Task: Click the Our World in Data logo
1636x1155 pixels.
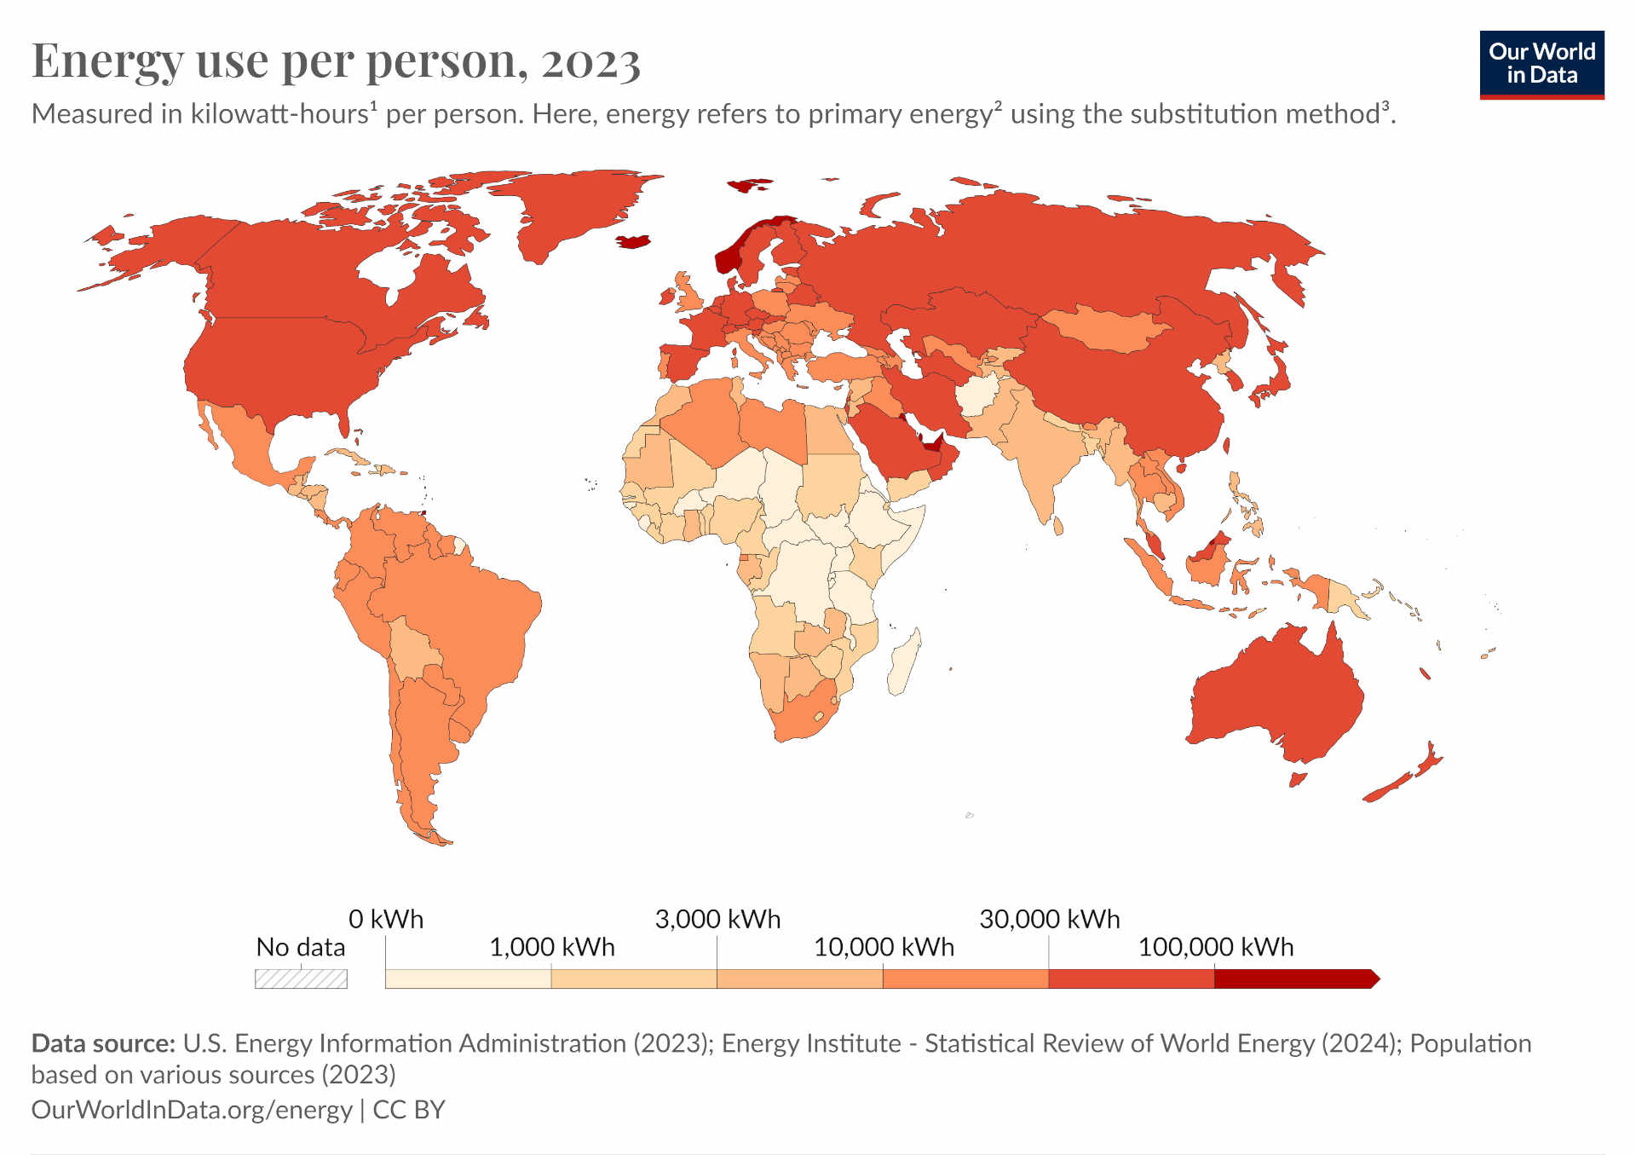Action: click(1541, 64)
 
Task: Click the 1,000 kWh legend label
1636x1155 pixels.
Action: click(551, 947)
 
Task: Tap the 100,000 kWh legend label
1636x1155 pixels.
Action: click(1215, 947)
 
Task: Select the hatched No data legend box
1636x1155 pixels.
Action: click(301, 979)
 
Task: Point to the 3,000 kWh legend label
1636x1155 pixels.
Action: click(717, 919)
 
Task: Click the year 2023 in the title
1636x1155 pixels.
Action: click(590, 61)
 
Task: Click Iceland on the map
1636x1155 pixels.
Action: click(634, 241)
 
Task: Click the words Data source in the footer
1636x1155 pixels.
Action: click(102, 1043)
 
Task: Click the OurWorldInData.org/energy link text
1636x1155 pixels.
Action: click(191, 1109)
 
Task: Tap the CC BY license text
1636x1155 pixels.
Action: click(409, 1109)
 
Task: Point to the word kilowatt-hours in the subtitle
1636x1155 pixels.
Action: click(279, 114)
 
